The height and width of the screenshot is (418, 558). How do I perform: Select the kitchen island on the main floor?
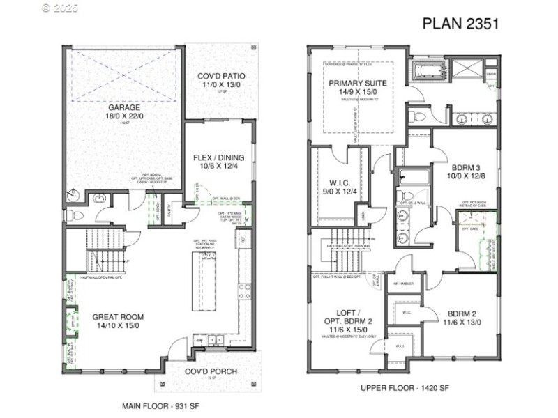pyautogui.click(x=207, y=281)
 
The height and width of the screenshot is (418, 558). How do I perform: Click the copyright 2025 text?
pyautogui.click(x=61, y=9)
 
